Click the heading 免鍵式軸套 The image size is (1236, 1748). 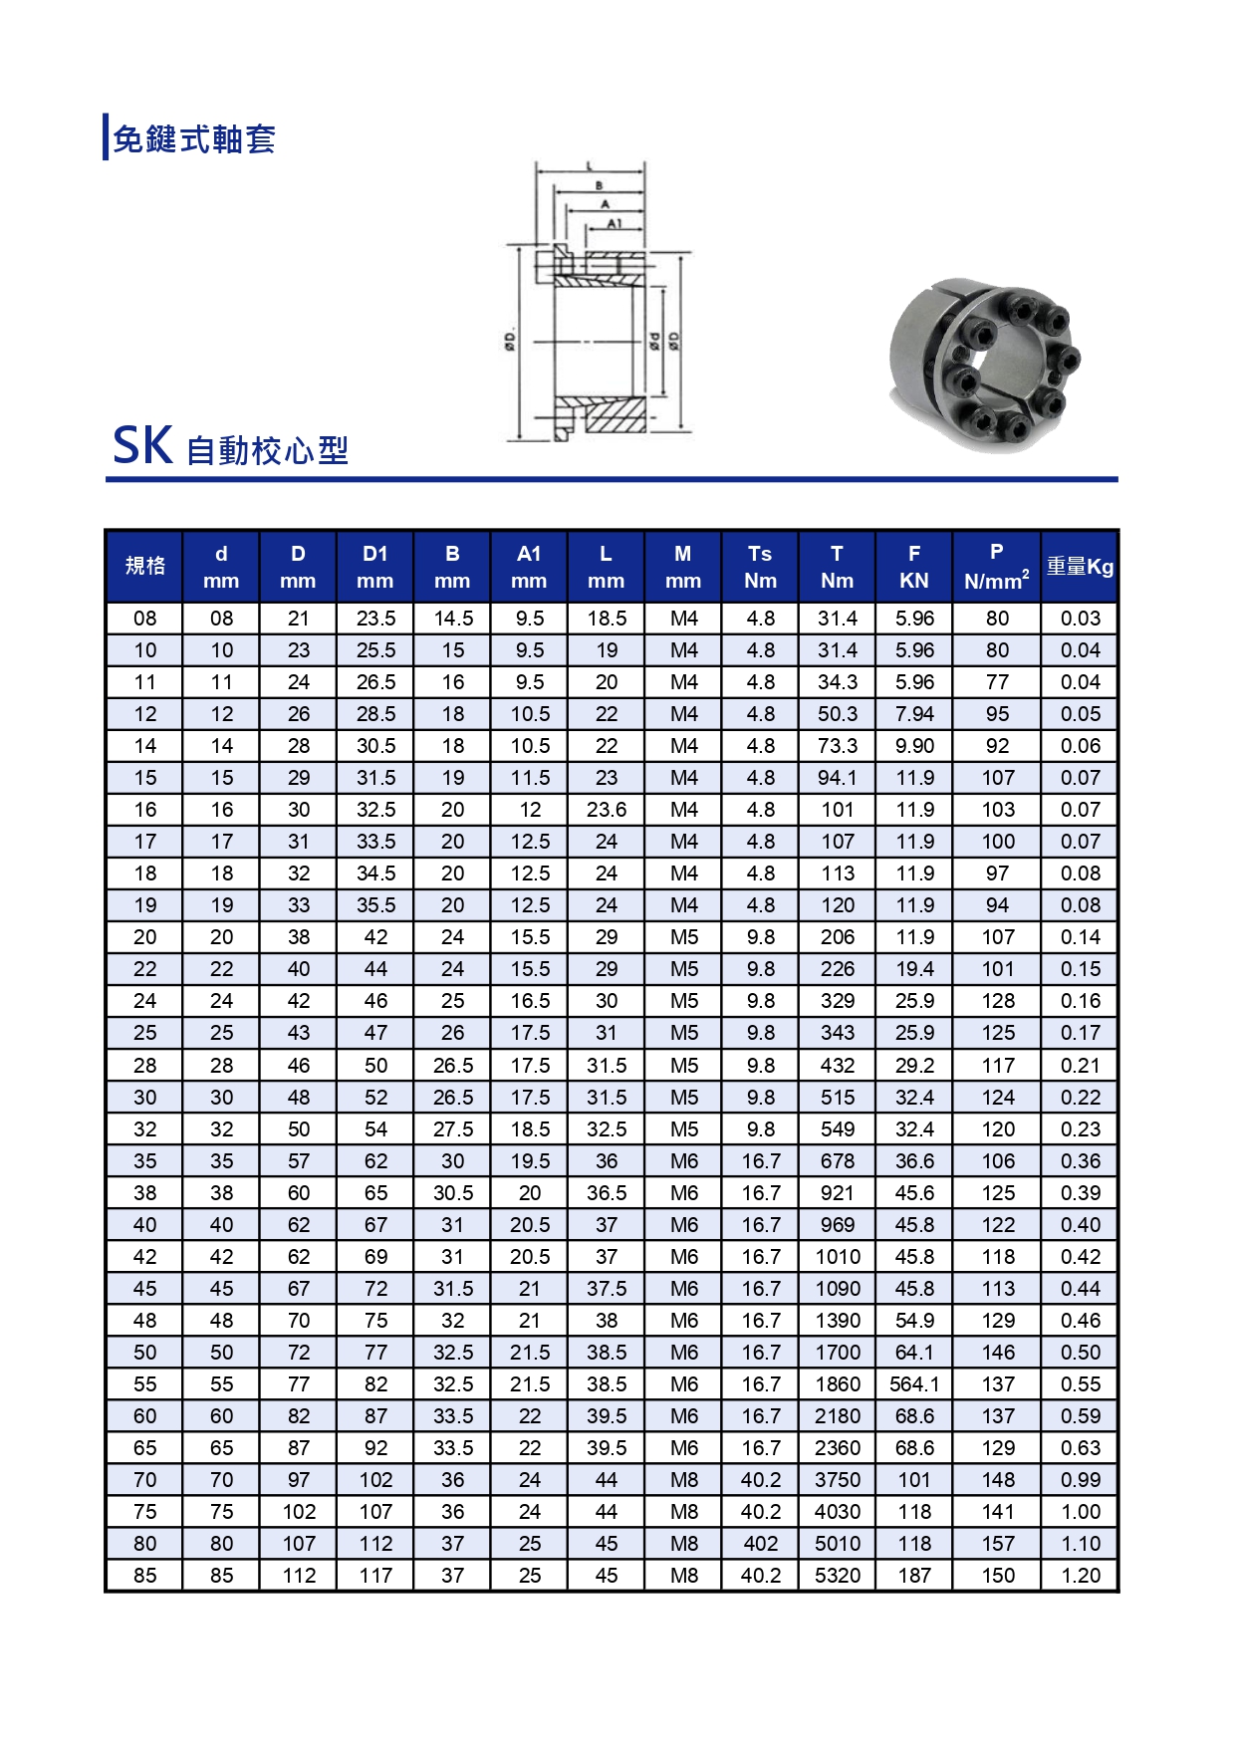click(x=194, y=138)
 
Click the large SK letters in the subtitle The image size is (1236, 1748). click(x=142, y=446)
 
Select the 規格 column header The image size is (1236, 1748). click(x=144, y=566)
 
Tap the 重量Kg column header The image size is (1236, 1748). click(x=1080, y=567)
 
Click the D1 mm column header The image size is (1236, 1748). click(x=375, y=566)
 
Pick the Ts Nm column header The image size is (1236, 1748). click(x=760, y=566)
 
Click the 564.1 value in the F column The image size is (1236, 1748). click(x=913, y=1384)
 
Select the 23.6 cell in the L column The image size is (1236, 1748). click(x=607, y=810)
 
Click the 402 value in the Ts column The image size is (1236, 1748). click(x=760, y=1544)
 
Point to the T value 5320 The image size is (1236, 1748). click(x=838, y=1576)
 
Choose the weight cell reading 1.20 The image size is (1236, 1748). click(x=1081, y=1576)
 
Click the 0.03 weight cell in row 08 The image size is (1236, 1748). click(x=1081, y=619)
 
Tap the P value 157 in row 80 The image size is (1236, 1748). click(x=998, y=1544)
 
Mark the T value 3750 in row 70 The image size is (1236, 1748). click(x=838, y=1480)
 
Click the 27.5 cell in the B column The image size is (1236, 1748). click(x=453, y=1129)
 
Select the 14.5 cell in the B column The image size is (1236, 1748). click(x=453, y=619)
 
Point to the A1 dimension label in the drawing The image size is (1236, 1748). click(x=614, y=224)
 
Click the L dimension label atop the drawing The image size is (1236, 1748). click(x=590, y=166)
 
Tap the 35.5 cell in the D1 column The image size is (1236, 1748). click(x=375, y=905)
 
